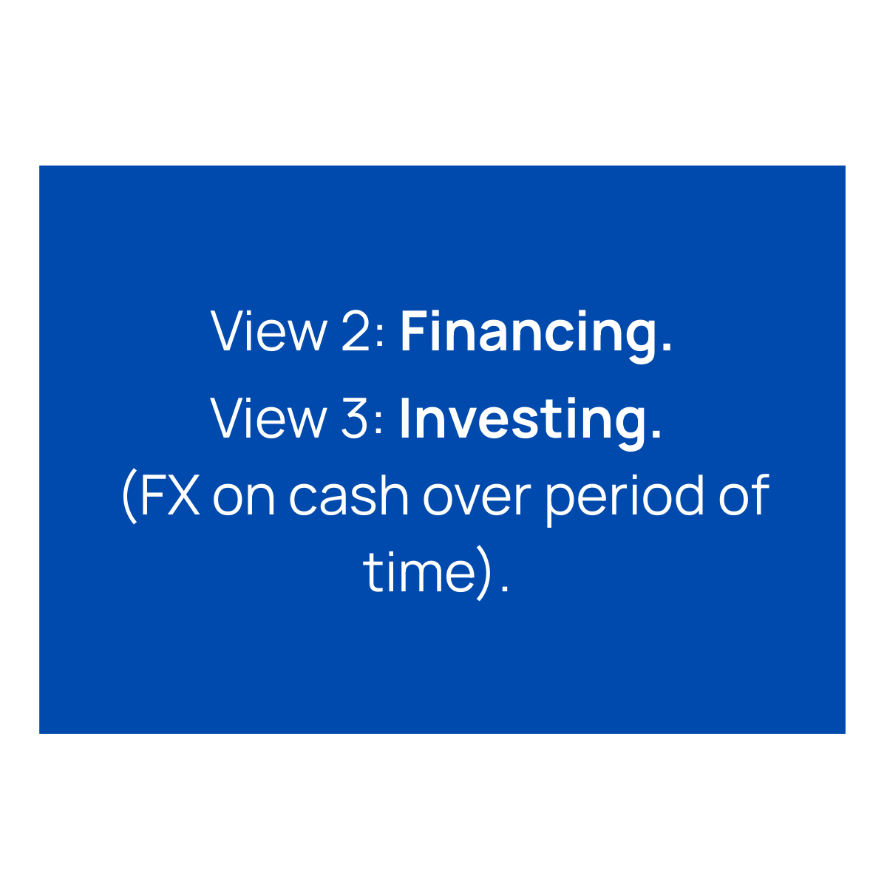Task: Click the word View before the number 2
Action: (x=268, y=332)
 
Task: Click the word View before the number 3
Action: (x=268, y=418)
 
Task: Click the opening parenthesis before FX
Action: (x=128, y=497)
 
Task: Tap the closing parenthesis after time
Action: (x=483, y=574)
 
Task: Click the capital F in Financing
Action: (x=414, y=332)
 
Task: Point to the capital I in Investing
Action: (x=404, y=418)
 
